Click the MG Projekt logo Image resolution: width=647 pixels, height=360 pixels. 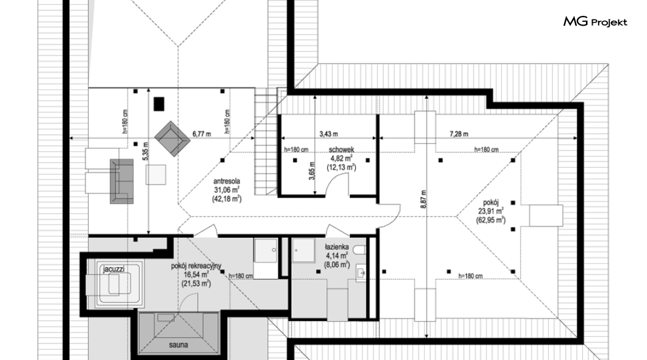point(595,22)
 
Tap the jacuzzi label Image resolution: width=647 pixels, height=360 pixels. point(114,269)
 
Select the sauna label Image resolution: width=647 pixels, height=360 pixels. point(178,345)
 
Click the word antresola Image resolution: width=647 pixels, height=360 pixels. point(226,181)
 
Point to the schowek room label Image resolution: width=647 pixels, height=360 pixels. point(341,149)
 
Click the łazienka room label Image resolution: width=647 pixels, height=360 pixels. point(337,247)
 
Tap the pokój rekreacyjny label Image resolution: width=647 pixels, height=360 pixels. point(196,266)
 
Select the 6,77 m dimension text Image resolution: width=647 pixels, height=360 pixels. point(201,134)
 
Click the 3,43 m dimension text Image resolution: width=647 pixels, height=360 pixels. point(328,134)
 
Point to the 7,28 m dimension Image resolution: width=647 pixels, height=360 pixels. point(459,134)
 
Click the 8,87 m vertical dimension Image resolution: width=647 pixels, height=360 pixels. point(423,199)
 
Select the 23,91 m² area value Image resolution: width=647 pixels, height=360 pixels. point(491,211)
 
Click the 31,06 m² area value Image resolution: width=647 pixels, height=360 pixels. point(226,190)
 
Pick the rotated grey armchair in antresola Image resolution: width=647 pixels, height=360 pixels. point(173,138)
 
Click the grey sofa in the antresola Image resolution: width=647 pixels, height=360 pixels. point(121,181)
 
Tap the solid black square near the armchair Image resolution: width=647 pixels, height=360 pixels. point(159,104)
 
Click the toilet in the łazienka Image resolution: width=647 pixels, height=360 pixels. point(360,250)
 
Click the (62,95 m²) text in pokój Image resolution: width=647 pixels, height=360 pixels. point(491,220)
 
